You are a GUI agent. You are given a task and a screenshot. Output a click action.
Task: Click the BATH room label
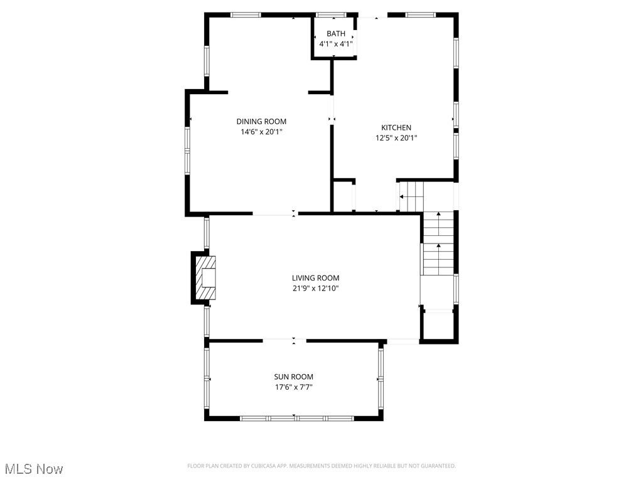point(335,34)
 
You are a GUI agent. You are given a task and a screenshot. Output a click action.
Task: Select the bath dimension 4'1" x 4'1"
point(335,44)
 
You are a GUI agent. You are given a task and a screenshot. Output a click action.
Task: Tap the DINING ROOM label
point(261,122)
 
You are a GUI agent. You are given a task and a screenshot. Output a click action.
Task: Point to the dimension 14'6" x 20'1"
point(261,132)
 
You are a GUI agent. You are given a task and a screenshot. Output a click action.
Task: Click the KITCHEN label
point(396,127)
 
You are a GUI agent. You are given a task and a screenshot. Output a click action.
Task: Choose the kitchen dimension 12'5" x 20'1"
point(396,137)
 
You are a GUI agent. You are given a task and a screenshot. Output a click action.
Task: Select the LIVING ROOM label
point(315,278)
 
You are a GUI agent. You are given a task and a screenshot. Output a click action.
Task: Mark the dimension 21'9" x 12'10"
point(315,288)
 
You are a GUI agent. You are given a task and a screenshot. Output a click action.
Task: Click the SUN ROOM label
point(293,377)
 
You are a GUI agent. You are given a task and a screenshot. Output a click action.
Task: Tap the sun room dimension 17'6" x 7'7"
point(293,387)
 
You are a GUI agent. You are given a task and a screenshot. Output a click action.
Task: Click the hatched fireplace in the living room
point(206,278)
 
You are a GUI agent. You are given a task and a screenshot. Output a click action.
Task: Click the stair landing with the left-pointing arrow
point(411,196)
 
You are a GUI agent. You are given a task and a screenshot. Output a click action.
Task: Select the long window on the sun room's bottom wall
point(297,418)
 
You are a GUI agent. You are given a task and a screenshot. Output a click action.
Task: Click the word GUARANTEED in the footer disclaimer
point(436,466)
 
